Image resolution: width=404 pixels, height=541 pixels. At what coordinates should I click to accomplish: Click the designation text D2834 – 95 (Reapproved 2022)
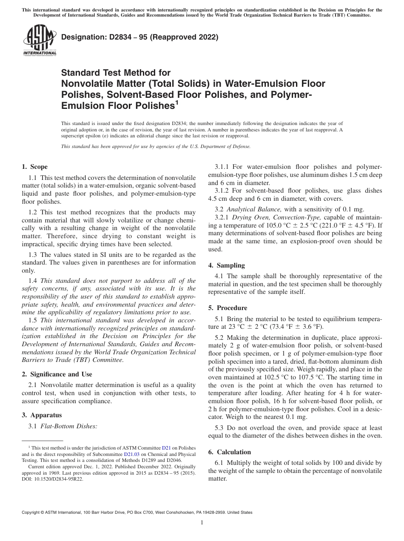tap(140, 37)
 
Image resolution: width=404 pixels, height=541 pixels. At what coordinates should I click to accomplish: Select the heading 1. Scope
tap(35, 167)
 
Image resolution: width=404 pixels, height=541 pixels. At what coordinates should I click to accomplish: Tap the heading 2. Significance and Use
tap(57, 374)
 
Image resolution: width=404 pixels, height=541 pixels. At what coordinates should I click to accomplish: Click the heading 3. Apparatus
tap(42, 415)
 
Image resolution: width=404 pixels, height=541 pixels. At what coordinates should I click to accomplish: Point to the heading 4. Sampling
tap(227, 265)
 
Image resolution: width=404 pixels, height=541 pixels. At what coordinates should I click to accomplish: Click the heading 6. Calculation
tap(230, 452)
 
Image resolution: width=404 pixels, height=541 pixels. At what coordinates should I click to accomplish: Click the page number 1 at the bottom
tap(202, 523)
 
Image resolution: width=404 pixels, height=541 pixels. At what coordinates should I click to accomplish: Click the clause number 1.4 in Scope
tap(33, 281)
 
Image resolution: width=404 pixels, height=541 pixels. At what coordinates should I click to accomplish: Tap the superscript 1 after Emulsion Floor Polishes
tap(176, 103)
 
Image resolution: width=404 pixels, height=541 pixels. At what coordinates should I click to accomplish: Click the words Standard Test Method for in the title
tap(116, 73)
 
